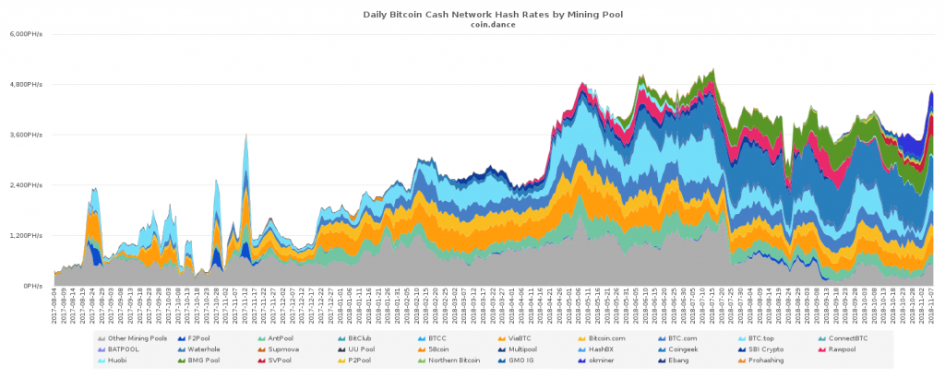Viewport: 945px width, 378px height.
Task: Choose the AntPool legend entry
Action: (277, 338)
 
